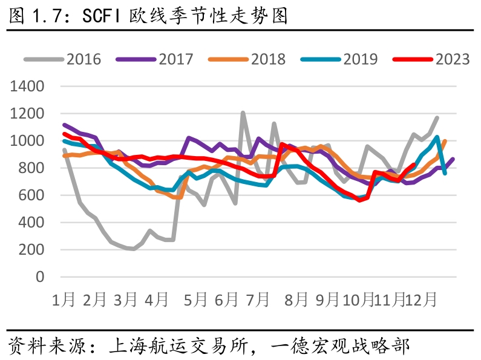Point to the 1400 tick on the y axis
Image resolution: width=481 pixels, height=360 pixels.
pos(28,87)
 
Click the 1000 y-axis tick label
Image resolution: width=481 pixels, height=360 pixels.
pos(28,141)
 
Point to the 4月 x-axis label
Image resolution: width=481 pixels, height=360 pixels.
pos(157,299)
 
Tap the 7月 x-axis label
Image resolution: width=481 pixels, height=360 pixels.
pos(258,299)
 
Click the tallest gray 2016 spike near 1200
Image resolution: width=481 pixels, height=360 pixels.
pos(243,113)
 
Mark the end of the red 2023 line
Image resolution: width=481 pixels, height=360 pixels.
pos(413,165)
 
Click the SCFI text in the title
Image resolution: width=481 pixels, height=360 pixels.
pos(102,16)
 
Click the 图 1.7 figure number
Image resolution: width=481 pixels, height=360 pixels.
pos(34,16)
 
